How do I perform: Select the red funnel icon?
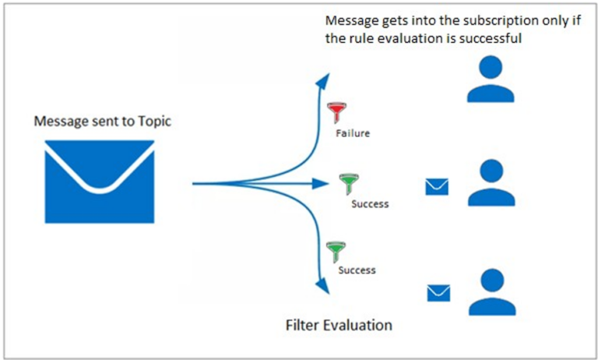click(x=336, y=112)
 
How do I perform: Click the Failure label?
click(x=353, y=133)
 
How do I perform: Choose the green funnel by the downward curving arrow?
click(x=336, y=251)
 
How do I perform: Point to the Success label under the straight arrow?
click(x=369, y=204)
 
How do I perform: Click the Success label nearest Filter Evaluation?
click(x=357, y=270)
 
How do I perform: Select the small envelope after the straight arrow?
click(x=437, y=186)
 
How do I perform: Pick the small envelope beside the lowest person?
click(x=439, y=293)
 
